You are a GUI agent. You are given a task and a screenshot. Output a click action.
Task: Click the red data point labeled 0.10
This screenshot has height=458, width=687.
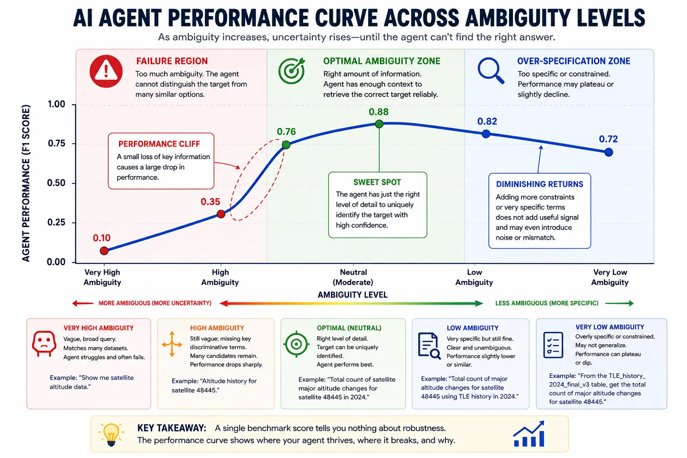(x=104, y=250)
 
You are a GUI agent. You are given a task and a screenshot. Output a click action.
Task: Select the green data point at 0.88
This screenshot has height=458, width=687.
(x=379, y=123)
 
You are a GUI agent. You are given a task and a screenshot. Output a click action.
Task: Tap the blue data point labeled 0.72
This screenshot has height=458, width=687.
(x=609, y=152)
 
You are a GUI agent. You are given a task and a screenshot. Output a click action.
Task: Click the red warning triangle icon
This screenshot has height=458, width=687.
(x=106, y=71)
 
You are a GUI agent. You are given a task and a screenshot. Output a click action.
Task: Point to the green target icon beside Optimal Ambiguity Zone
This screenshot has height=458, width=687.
(x=292, y=71)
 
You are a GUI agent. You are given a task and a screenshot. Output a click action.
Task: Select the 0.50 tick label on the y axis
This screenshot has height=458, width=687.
(x=56, y=183)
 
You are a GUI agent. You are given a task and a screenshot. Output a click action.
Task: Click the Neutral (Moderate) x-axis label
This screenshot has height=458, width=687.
(x=353, y=277)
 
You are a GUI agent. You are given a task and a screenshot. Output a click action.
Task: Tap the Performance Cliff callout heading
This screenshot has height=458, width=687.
(x=159, y=144)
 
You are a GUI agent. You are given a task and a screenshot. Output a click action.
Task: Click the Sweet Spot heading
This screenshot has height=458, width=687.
(x=377, y=182)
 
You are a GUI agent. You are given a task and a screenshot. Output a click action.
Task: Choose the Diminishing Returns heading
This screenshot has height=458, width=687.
(x=539, y=184)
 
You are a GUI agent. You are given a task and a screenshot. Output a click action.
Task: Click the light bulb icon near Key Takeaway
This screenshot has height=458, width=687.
(x=111, y=434)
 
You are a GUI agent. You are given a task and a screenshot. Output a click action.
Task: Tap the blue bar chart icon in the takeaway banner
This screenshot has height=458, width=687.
(x=529, y=434)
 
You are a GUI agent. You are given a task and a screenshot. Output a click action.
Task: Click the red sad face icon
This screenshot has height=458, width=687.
(x=44, y=343)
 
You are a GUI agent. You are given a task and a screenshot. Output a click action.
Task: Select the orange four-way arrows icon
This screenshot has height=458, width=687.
(x=172, y=344)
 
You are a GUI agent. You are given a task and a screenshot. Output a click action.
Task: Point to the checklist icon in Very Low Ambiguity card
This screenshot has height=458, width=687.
(x=553, y=345)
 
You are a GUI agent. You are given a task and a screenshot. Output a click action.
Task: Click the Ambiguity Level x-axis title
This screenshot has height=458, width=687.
(x=352, y=295)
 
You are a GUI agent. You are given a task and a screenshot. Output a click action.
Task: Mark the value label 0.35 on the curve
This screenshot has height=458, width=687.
(x=210, y=202)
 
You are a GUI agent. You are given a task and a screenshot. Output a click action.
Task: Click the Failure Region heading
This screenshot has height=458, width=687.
(x=172, y=61)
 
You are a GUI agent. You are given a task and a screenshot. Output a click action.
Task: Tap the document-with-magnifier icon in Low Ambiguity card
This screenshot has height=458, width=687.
(x=429, y=346)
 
